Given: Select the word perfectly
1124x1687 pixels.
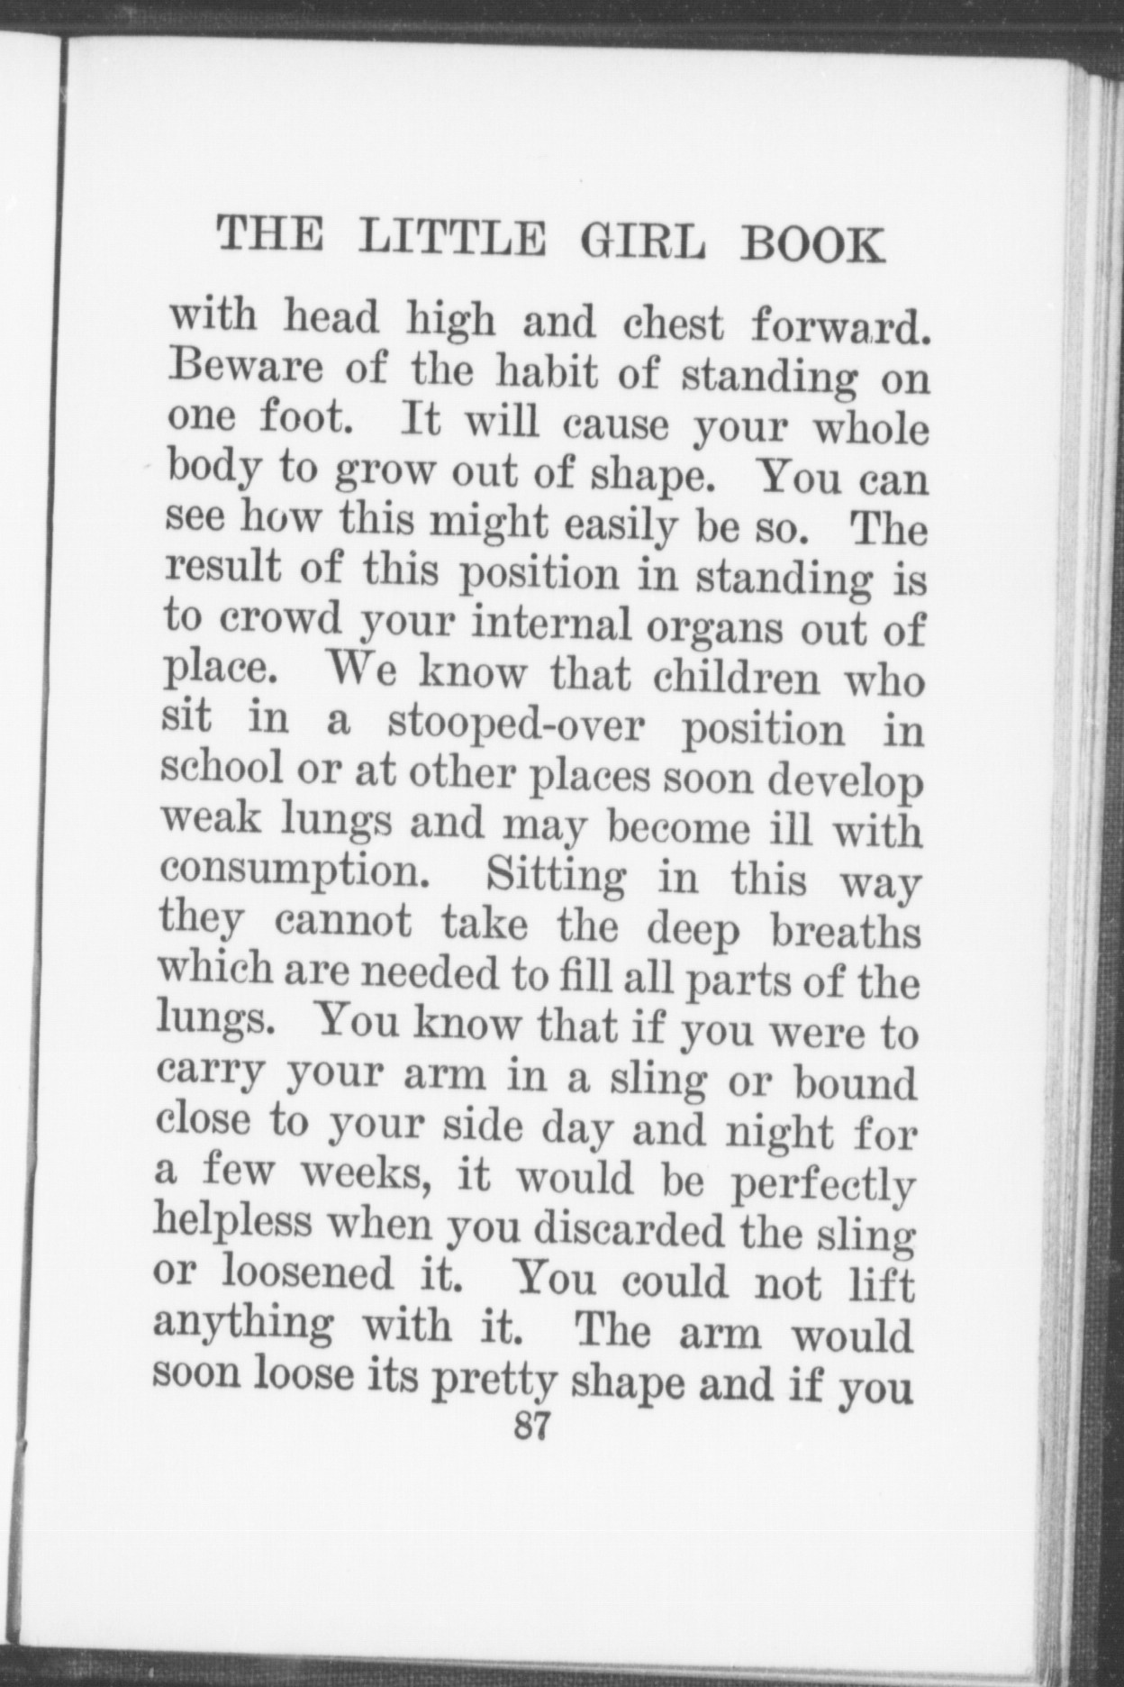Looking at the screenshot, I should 822,1186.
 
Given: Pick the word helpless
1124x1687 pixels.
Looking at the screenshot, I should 232,1222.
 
